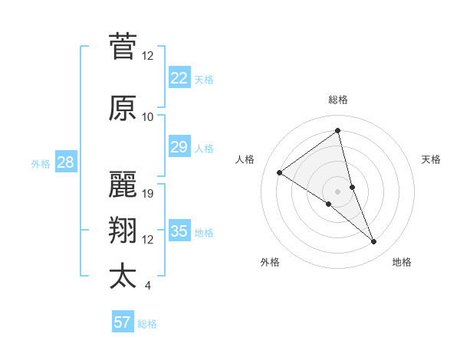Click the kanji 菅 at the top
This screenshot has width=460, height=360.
[123, 46]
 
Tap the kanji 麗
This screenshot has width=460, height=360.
[123, 185]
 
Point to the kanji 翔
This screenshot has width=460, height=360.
[123, 231]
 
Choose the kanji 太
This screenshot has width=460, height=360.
[123, 277]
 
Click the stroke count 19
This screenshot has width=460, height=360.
[149, 194]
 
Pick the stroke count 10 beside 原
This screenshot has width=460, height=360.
[148, 117]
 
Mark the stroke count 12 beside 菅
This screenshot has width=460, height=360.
[148, 56]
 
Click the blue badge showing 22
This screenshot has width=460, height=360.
[179, 78]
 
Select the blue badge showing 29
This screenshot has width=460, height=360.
[179, 147]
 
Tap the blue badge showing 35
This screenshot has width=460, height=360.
[179, 231]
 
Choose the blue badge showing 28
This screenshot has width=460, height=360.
[65, 162]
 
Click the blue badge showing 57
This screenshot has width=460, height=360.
[122, 322]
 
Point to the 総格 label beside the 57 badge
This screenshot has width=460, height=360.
[148, 324]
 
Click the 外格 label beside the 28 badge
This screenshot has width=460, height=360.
[41, 163]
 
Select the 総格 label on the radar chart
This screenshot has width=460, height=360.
[338, 100]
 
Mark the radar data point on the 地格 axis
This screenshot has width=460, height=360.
[374, 242]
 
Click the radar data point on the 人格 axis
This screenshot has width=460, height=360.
[280, 172]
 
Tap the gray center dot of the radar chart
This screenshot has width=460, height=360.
[337, 191]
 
